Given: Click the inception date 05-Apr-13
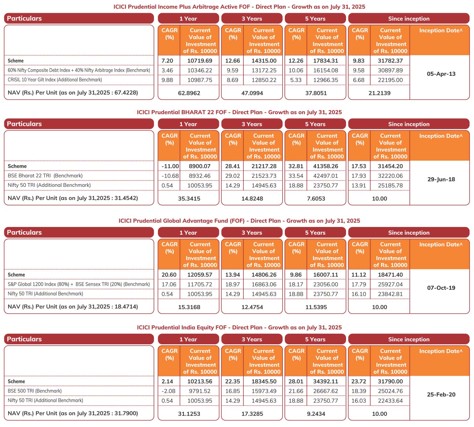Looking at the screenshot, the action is [441, 74].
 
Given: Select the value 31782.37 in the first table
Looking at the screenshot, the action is [390, 61].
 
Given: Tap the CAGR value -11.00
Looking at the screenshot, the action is [170, 166].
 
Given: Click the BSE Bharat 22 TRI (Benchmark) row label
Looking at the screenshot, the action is [45, 176].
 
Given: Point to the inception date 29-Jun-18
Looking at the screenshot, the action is [441, 179].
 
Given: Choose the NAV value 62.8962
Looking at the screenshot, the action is [189, 93].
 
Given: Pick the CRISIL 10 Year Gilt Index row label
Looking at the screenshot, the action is [55, 80].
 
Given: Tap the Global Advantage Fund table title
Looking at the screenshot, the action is [239, 221].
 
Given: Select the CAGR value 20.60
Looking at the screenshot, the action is [169, 275].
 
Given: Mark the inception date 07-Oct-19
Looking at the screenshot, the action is [441, 288].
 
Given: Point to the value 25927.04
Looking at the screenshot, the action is [390, 284].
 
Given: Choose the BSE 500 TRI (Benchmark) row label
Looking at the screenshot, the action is [35, 391].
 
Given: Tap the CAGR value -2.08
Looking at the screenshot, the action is [168, 391].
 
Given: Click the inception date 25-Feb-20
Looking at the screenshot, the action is [441, 394].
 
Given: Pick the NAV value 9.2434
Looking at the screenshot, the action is [316, 414].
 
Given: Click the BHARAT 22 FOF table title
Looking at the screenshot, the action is [239, 112].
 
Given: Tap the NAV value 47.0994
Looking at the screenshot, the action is [252, 93].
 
